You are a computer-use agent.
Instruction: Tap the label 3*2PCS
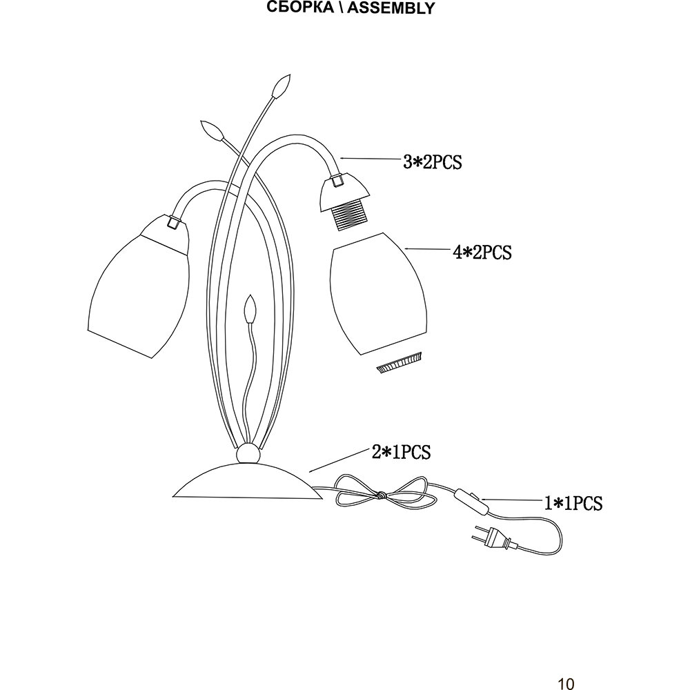click(432, 163)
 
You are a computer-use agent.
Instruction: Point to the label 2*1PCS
click(401, 452)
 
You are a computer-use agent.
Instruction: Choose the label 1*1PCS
click(573, 504)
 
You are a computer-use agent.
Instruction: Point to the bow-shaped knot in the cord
click(379, 495)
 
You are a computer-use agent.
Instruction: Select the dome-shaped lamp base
click(248, 482)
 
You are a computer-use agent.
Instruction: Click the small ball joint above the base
click(247, 454)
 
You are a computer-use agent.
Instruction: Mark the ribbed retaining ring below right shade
click(400, 364)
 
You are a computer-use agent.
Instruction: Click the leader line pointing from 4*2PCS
click(427, 250)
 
